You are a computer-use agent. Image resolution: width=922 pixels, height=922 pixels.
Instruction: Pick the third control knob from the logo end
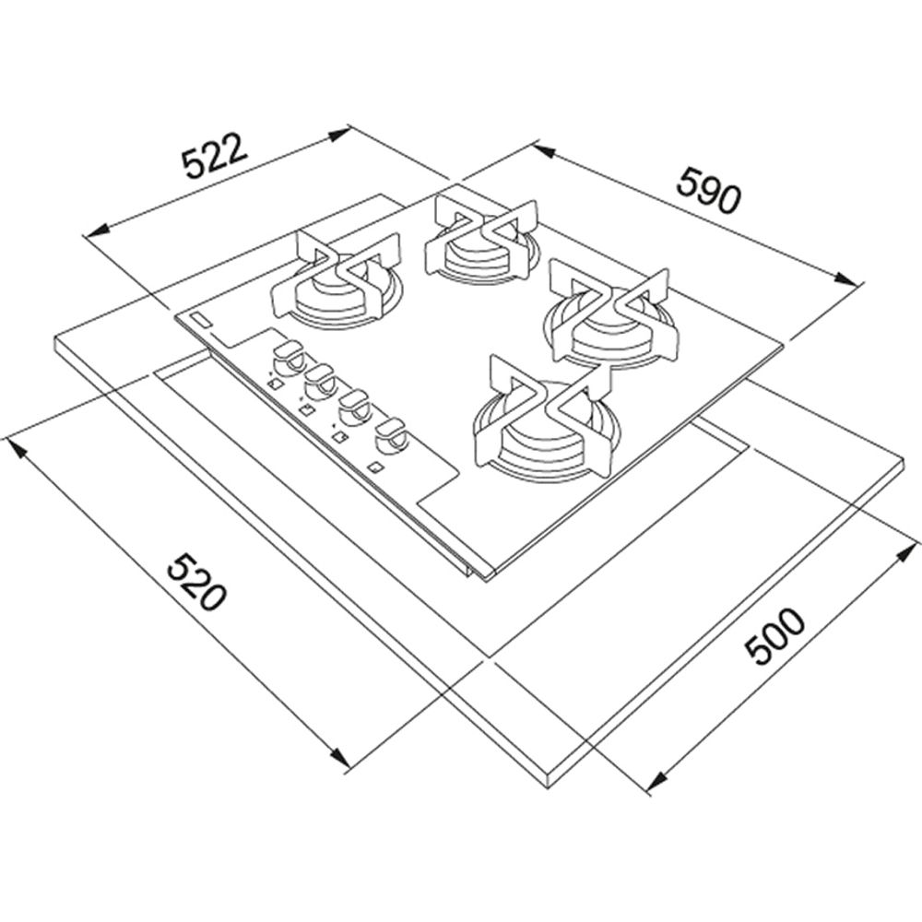[355, 407]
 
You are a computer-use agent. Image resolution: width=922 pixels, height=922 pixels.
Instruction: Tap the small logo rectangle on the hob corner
[200, 320]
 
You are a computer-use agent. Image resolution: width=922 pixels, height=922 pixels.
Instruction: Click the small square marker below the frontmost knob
[373, 467]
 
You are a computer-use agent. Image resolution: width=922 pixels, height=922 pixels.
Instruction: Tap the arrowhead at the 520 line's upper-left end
[16, 447]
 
